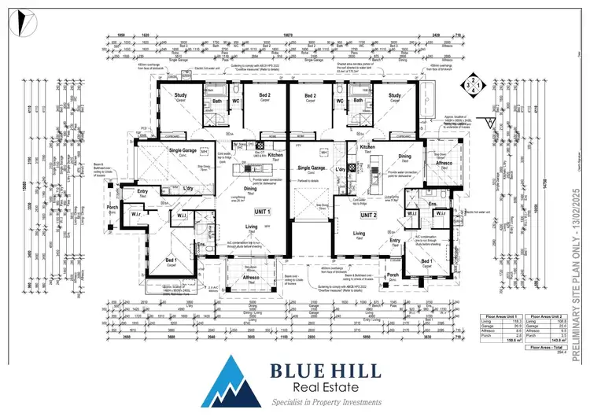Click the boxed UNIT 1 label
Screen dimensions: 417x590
click(260, 212)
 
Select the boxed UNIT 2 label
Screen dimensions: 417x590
click(370, 215)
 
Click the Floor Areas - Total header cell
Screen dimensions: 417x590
click(546, 347)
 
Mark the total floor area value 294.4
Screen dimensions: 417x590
click(562, 352)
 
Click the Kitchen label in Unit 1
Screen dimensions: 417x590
click(275, 156)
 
